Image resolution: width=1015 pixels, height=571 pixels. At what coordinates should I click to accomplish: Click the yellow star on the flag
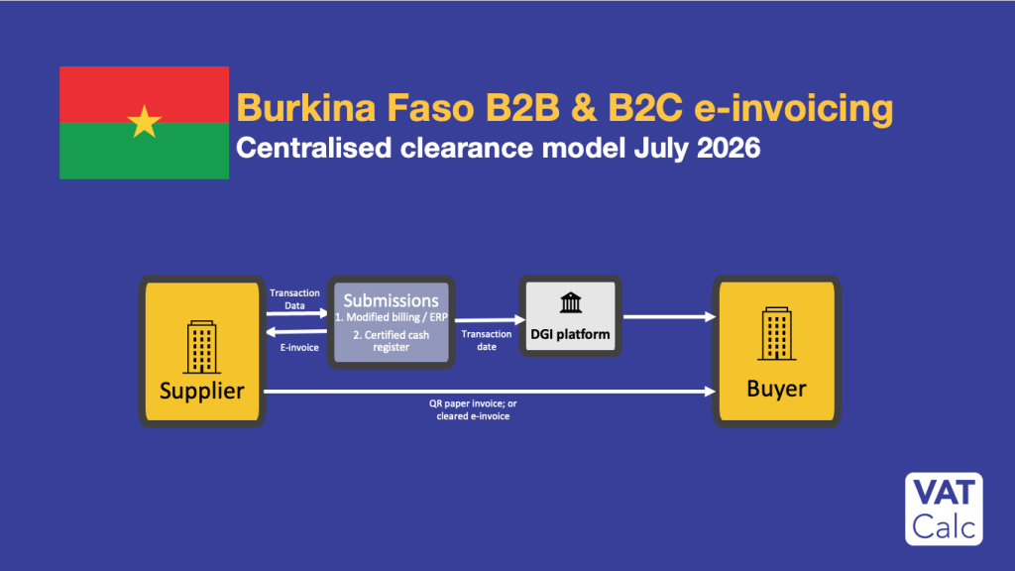(x=144, y=122)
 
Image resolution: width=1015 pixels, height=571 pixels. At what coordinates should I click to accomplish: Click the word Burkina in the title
(x=305, y=107)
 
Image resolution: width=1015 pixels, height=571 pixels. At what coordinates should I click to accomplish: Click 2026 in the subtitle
(x=729, y=149)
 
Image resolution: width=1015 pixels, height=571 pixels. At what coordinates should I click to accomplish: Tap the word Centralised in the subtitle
(x=314, y=149)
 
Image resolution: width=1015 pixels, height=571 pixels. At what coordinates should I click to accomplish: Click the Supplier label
(x=202, y=391)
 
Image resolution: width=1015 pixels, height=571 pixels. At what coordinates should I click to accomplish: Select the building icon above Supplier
(x=201, y=347)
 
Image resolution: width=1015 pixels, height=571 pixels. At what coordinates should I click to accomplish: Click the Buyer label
(x=776, y=389)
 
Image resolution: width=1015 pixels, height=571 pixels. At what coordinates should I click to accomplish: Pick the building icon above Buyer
(x=777, y=333)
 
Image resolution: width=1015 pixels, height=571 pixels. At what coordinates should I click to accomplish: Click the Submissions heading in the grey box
(x=391, y=300)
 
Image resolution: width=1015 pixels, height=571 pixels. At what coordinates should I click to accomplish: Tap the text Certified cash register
(x=391, y=341)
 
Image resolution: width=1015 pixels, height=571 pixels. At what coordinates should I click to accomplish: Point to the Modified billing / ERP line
(x=391, y=317)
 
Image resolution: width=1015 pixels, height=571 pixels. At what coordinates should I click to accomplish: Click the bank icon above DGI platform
(x=570, y=302)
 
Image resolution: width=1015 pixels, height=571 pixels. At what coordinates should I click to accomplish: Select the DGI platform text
(x=570, y=335)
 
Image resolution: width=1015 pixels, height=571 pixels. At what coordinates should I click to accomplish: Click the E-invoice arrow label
(x=299, y=348)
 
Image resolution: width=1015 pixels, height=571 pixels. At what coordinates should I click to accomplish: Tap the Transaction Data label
(x=294, y=299)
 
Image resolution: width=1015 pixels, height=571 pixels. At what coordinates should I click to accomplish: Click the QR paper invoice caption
(x=473, y=409)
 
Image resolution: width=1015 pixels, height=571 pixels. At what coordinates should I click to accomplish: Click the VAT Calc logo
(x=944, y=509)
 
